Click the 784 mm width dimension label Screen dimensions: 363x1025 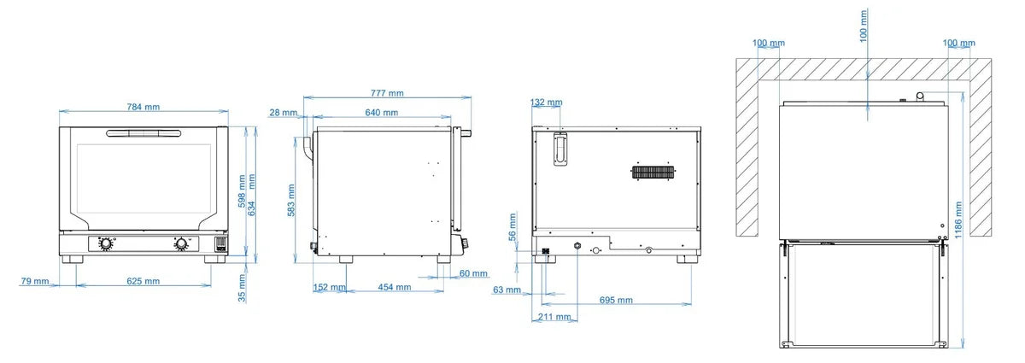pyautogui.click(x=143, y=107)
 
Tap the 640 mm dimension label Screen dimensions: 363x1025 pyautogui.click(x=381, y=113)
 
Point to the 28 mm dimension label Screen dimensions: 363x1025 pyautogui.click(x=283, y=113)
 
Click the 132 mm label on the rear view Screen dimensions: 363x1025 pyautogui.click(x=547, y=102)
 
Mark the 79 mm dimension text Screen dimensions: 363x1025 pyautogui.click(x=34, y=281)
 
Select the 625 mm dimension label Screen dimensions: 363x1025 pyautogui.click(x=143, y=281)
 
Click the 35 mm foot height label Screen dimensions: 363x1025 pyautogui.click(x=242, y=288)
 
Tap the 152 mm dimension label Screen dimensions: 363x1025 pyautogui.click(x=329, y=288)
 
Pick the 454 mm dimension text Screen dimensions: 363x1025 pyautogui.click(x=392, y=288)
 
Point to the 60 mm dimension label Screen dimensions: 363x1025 pyautogui.click(x=474, y=273)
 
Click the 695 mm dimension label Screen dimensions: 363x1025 pyautogui.click(x=615, y=300)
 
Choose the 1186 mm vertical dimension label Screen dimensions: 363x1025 pyautogui.click(x=959, y=220)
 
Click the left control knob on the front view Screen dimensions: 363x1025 pyautogui.click(x=106, y=245)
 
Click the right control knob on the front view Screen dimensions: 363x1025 pyautogui.click(x=182, y=245)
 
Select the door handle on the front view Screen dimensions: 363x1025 pyautogui.click(x=143, y=133)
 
